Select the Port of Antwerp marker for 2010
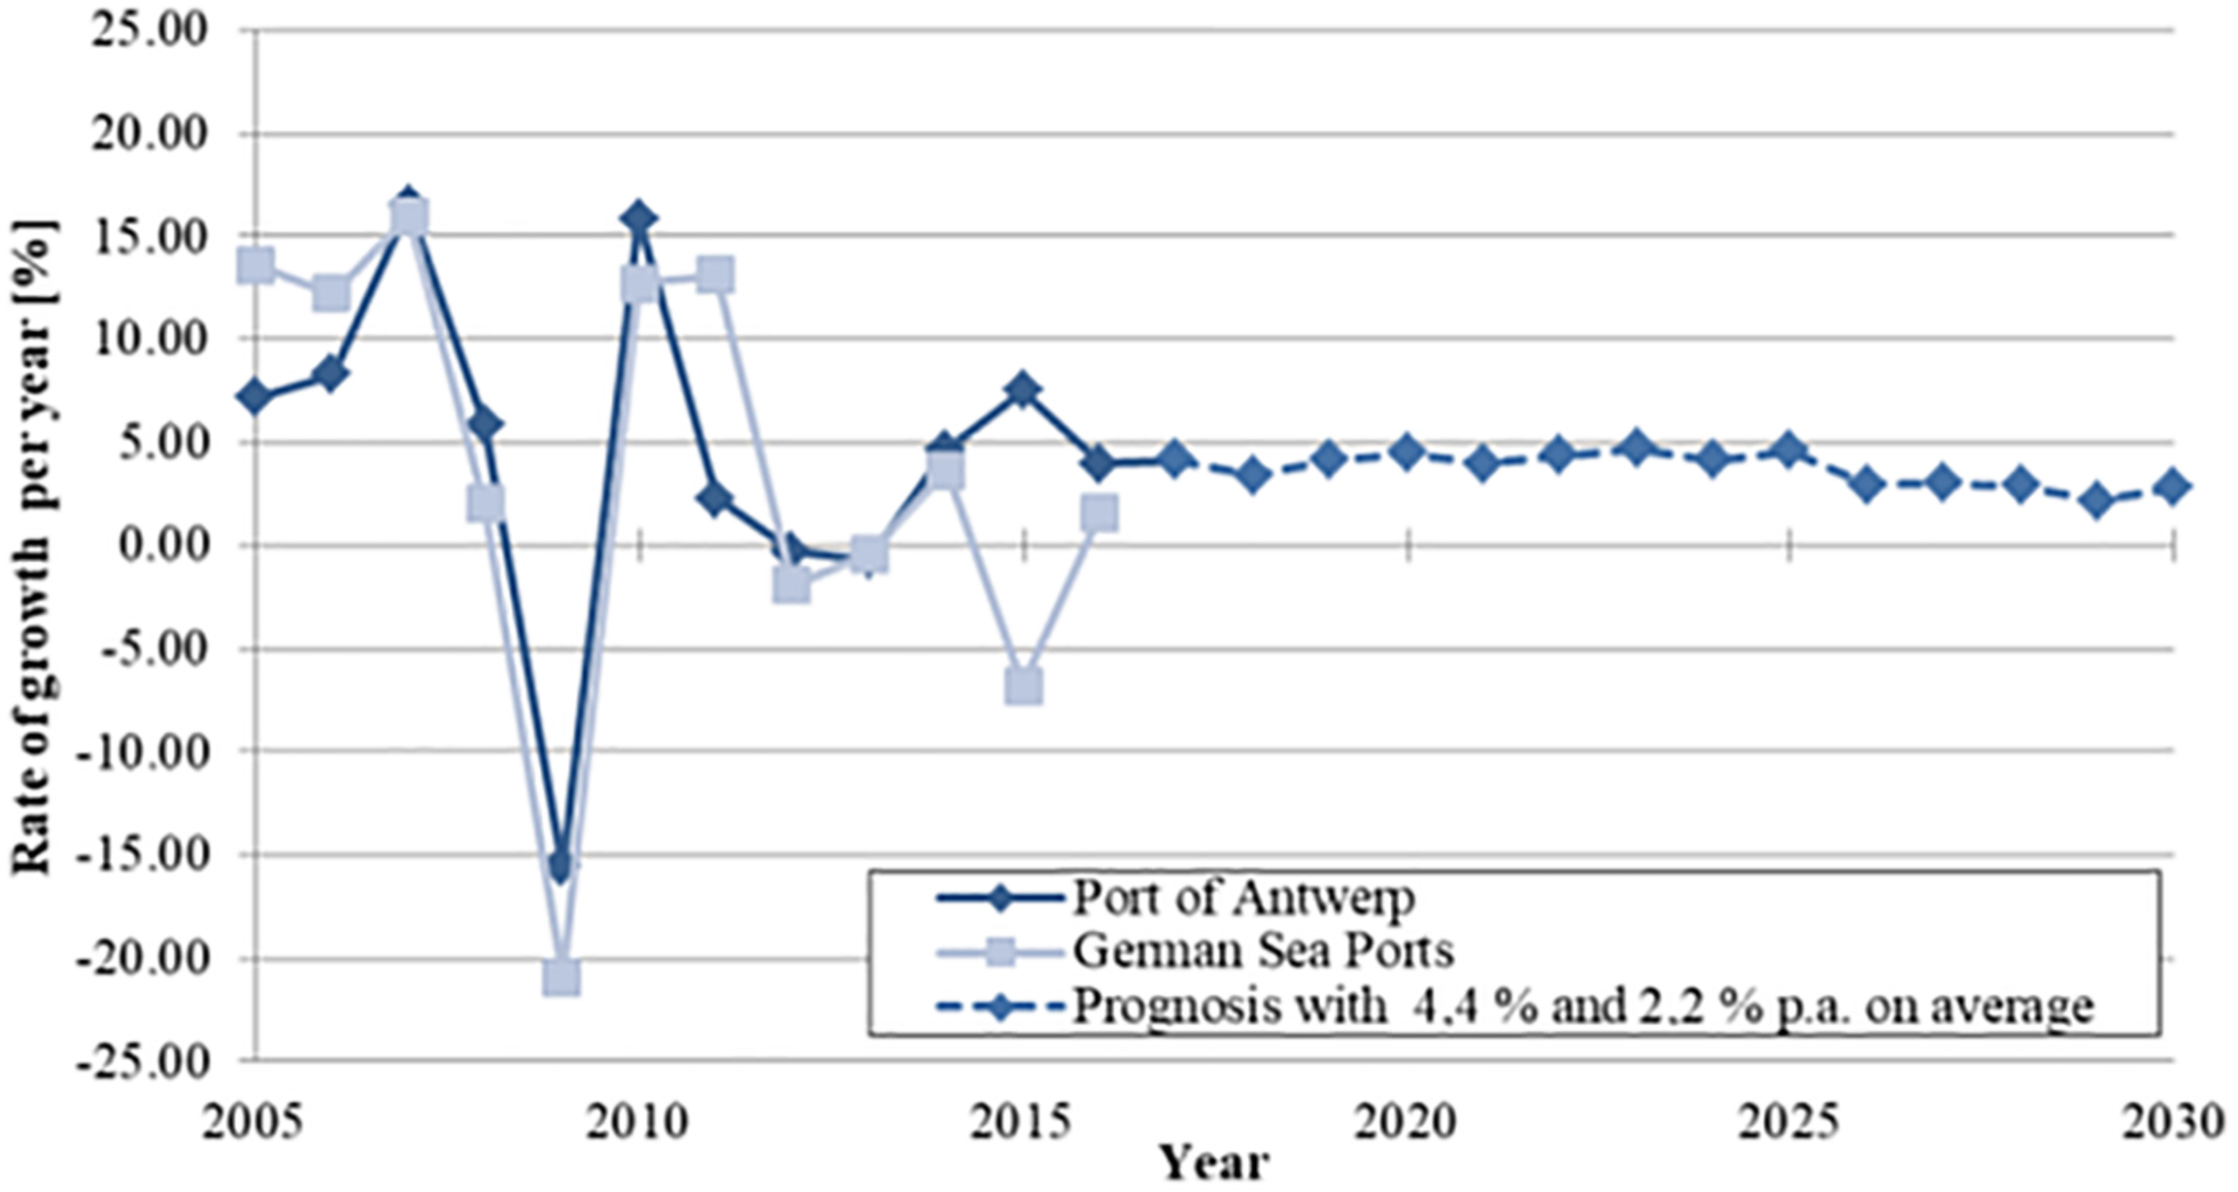[638, 217]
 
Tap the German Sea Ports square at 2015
[1023, 685]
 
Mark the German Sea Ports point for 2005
[256, 265]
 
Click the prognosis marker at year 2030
[2173, 487]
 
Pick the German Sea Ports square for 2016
[1099, 513]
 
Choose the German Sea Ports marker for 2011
[715, 276]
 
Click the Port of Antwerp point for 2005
[256, 396]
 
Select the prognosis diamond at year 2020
[1406, 452]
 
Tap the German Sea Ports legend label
[1262, 951]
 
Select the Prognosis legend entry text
[1583, 1006]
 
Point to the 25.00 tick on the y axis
[152, 30]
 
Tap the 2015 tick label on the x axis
[1022, 1122]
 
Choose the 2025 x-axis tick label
[1789, 1122]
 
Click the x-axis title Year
[1213, 1164]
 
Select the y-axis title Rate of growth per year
[32, 546]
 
